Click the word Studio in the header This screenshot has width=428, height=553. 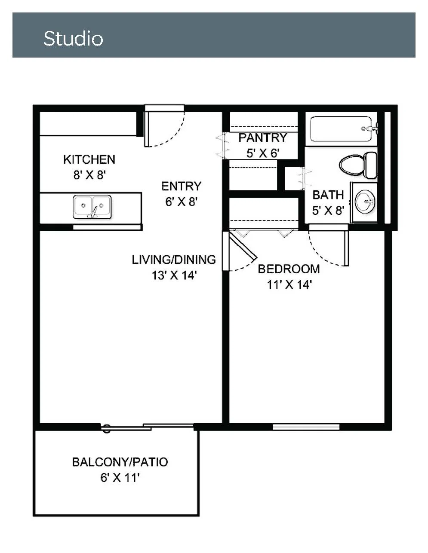click(74, 39)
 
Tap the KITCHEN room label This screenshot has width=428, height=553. click(89, 159)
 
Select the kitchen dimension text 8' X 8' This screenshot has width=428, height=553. click(89, 175)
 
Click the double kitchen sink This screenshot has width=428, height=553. click(92, 207)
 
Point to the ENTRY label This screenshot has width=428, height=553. click(182, 186)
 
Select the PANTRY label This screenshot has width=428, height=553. click(263, 137)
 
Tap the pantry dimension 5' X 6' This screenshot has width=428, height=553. click(263, 153)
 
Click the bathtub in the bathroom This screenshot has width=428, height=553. click(341, 129)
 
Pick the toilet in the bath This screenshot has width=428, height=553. click(358, 165)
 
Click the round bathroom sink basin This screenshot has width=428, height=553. click(365, 202)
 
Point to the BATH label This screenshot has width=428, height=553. click(328, 195)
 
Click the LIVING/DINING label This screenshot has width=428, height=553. click(174, 260)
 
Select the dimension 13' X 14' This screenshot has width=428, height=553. click(174, 275)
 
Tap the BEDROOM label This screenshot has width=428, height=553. click(289, 269)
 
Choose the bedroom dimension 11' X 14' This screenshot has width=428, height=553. click(289, 285)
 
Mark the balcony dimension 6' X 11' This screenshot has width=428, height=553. click(120, 478)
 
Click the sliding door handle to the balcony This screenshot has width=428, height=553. click(107, 429)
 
